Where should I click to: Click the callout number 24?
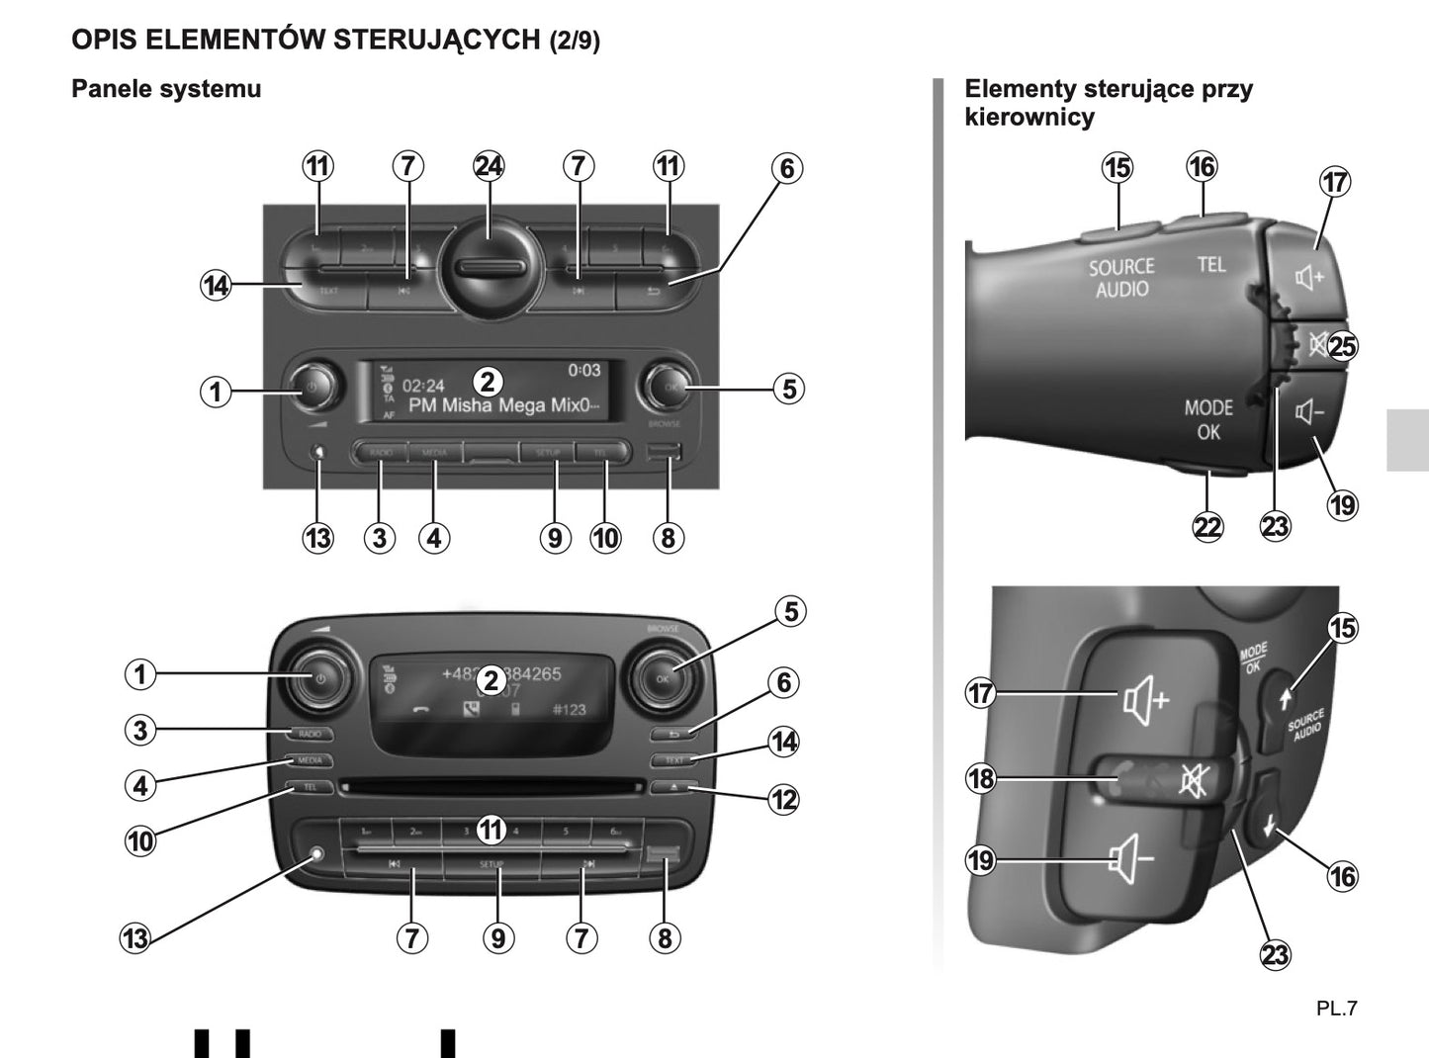489,166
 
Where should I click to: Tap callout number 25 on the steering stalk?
1343,346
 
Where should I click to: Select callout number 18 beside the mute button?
980,778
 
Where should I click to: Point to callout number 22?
1207,526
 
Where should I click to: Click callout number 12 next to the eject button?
784,799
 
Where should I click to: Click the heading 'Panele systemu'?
166,89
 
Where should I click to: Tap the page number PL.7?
1336,1009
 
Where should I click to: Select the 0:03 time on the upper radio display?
583,370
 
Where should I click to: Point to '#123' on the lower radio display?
569,709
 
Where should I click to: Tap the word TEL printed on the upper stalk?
1211,264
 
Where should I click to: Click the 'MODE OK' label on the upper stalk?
1208,419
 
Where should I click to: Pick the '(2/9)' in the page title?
575,41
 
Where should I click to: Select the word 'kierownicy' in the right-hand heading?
1029,117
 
